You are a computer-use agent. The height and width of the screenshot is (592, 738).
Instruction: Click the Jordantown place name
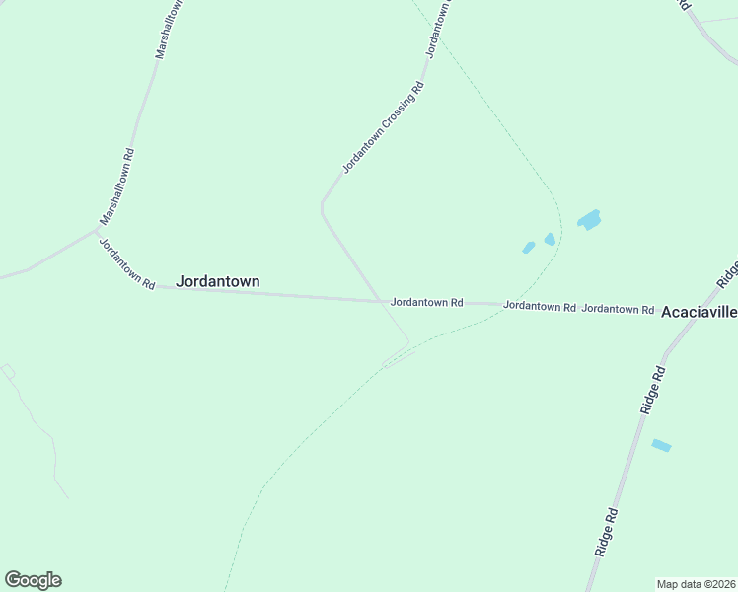coord(218,281)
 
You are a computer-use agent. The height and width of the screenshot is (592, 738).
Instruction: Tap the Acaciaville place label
coord(699,312)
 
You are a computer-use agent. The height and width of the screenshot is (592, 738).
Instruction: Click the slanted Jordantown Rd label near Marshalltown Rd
coord(126,262)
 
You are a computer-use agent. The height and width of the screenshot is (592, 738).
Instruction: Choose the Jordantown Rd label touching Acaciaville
coord(618,309)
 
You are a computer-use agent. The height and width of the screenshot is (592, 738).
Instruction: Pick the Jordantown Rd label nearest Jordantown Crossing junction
coord(426,302)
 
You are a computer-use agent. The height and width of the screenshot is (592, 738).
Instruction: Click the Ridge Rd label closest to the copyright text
coord(606,532)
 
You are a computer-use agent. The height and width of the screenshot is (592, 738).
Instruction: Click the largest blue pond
coord(589,219)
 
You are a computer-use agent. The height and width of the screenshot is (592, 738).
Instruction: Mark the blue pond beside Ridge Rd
coord(661,445)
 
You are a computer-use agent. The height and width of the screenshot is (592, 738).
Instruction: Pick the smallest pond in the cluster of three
coord(528,248)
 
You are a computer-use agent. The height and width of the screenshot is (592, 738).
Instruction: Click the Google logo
coord(33,580)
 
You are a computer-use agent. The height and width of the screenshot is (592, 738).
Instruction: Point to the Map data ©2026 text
coord(696,583)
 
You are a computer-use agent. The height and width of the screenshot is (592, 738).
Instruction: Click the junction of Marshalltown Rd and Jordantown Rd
coord(99,230)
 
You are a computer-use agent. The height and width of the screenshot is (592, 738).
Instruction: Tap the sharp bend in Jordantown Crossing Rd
coord(322,206)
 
